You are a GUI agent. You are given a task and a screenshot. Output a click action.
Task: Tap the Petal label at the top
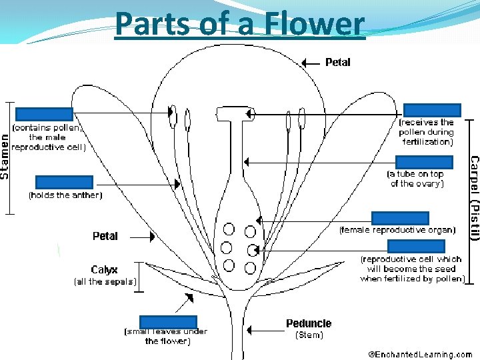[338, 63]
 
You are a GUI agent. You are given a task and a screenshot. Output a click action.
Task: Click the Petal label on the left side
[105, 236]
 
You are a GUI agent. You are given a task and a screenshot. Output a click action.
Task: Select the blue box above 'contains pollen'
[44, 114]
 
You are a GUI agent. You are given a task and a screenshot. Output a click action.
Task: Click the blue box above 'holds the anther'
[64, 182]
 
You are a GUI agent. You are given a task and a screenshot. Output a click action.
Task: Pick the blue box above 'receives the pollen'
[432, 111]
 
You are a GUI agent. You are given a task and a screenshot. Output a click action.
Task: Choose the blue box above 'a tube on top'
[424, 162]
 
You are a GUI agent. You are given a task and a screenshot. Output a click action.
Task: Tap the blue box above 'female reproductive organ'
[400, 218]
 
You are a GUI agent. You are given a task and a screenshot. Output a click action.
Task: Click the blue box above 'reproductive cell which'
[415, 246]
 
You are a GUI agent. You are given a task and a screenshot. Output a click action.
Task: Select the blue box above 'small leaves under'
[168, 322]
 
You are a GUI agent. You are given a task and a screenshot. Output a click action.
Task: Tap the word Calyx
[105, 270]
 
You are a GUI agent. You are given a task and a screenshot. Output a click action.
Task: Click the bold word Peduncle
[309, 324]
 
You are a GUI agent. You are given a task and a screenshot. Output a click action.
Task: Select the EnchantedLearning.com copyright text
[421, 355]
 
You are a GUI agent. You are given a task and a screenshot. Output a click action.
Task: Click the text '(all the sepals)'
[105, 282]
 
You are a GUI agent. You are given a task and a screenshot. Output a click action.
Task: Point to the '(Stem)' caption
[309, 335]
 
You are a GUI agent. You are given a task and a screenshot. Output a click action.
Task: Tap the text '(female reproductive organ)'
[397, 230]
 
